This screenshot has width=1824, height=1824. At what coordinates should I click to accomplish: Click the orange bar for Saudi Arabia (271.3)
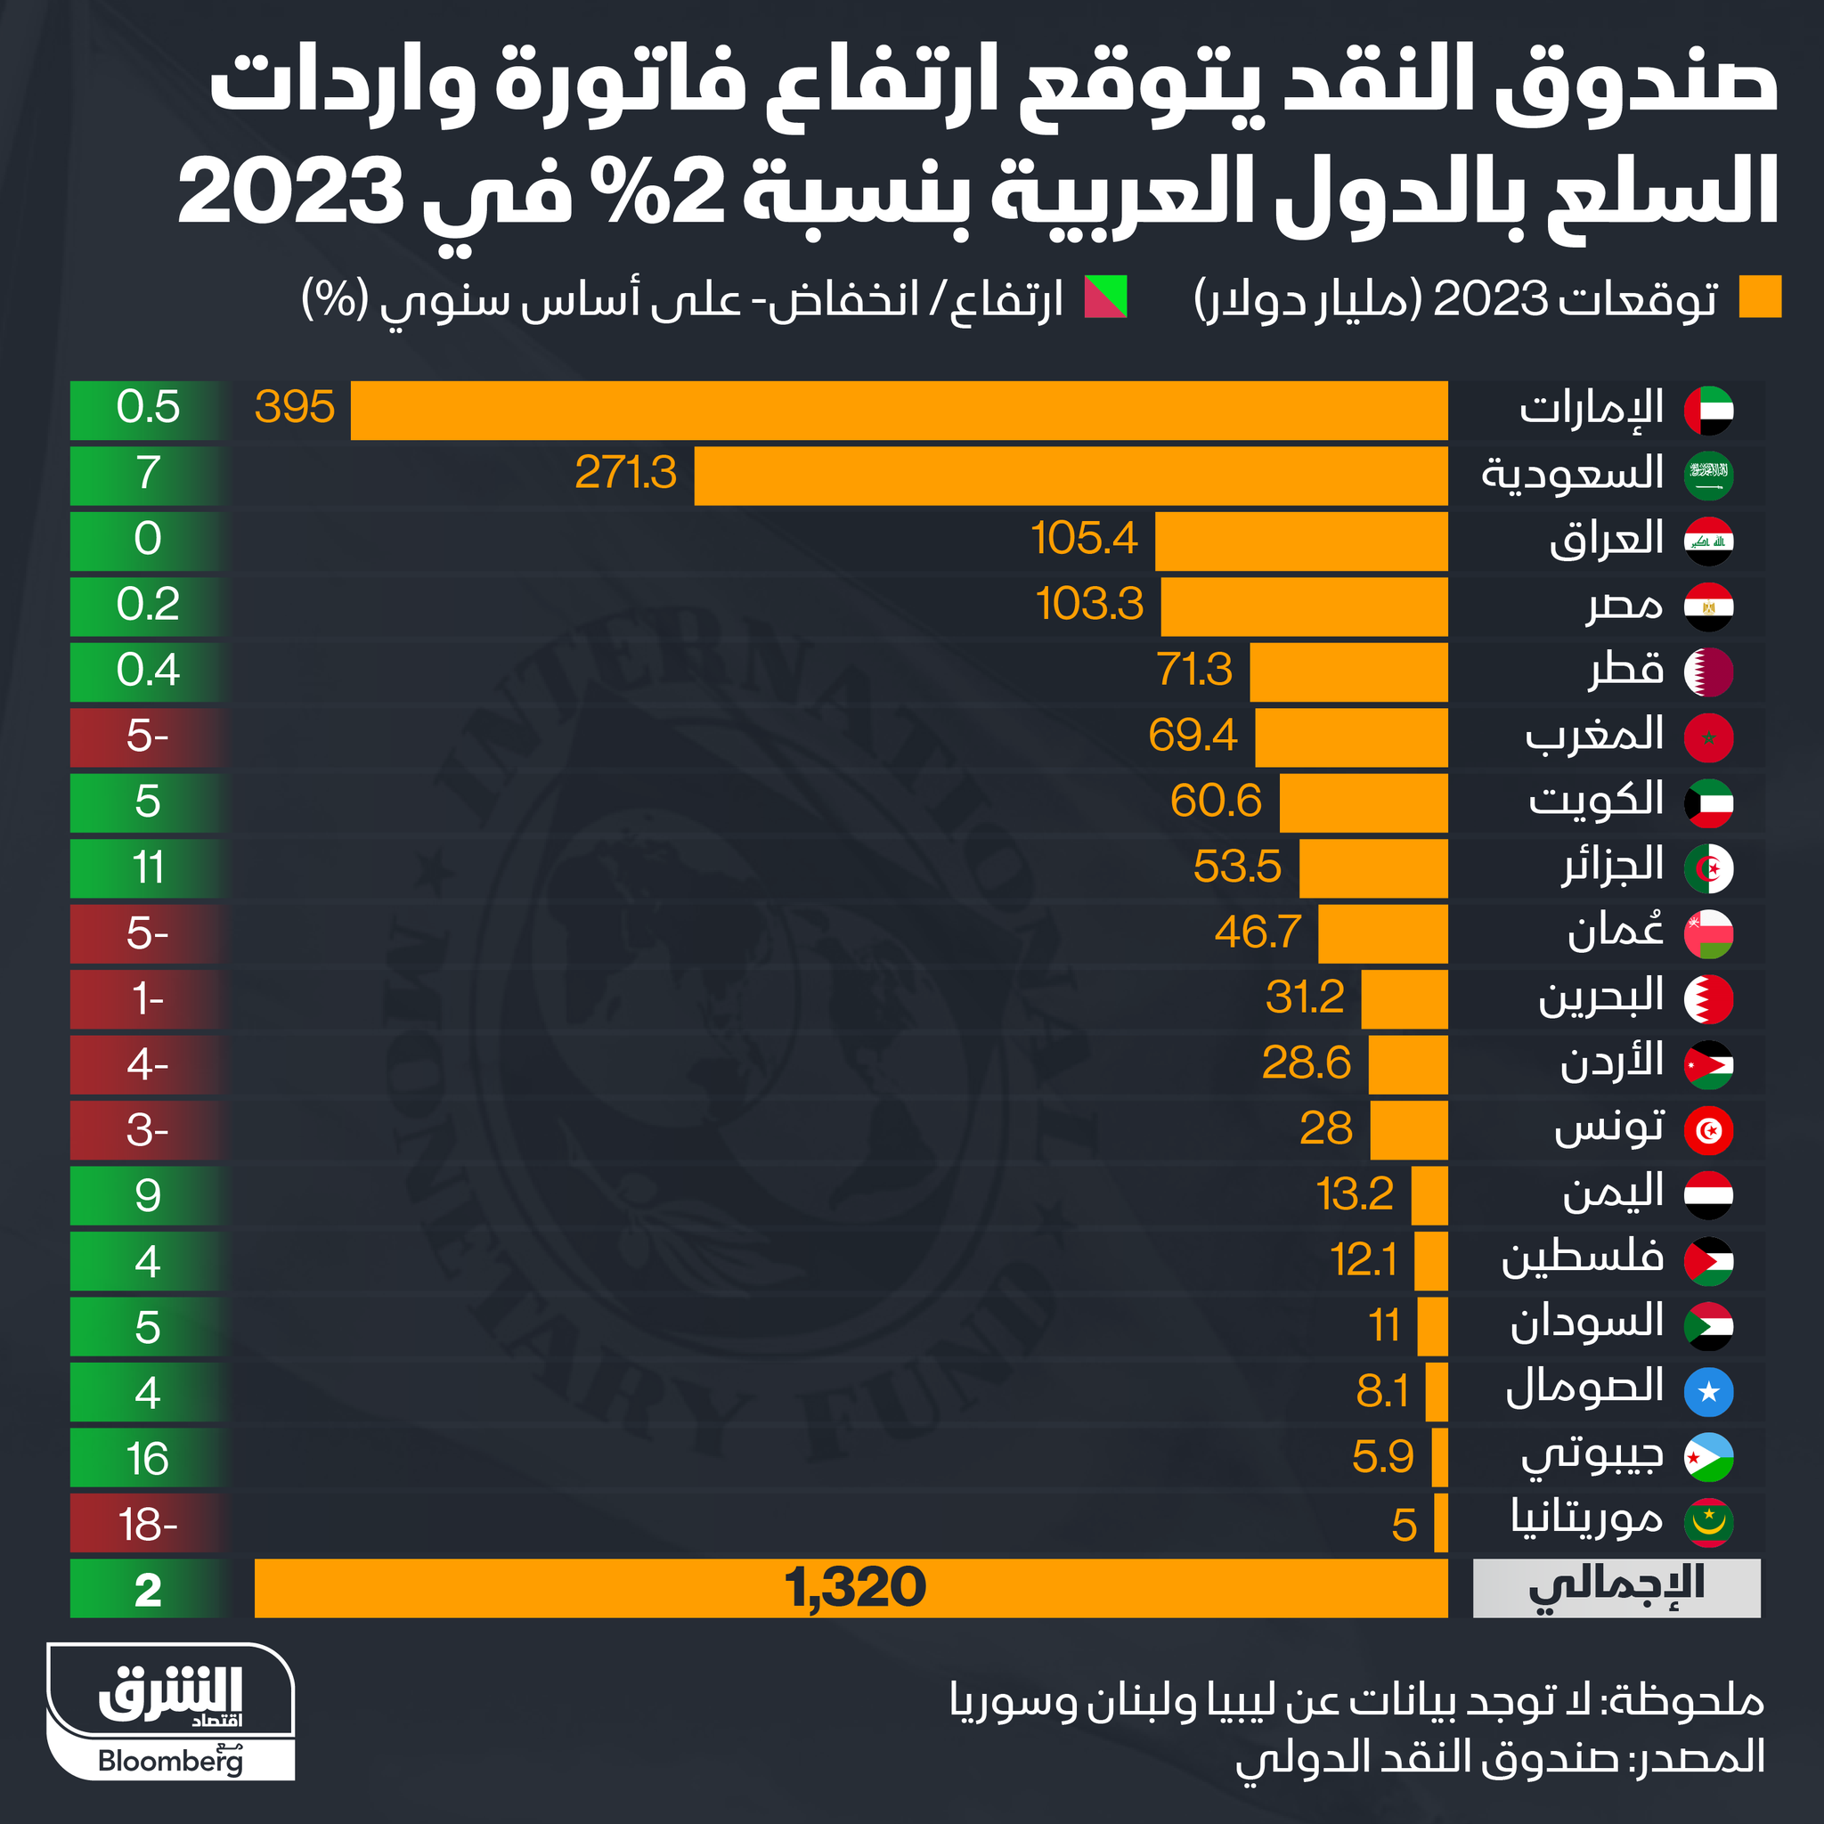(1071, 476)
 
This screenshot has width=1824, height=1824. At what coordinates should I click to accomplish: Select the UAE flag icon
(1708, 411)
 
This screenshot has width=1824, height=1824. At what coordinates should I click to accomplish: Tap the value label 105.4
(1084, 539)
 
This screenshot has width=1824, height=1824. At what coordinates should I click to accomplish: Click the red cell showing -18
(148, 1525)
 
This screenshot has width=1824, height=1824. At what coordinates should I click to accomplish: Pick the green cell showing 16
(148, 1459)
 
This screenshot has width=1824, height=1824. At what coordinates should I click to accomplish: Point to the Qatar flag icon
(1708, 672)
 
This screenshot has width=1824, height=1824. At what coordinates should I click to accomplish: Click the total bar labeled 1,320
(850, 1589)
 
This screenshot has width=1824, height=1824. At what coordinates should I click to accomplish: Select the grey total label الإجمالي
(1616, 1589)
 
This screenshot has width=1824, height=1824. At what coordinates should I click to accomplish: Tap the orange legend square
(1760, 297)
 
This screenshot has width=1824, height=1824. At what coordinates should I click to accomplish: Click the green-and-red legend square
(1105, 297)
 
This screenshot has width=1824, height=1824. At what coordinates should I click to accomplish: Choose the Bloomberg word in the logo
(171, 1761)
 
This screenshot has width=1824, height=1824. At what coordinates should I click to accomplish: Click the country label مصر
(1624, 605)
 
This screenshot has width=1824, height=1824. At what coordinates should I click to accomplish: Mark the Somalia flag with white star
(1708, 1392)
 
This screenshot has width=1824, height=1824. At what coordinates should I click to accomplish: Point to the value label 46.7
(1258, 932)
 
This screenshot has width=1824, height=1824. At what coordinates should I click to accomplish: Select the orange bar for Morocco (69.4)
(1351, 737)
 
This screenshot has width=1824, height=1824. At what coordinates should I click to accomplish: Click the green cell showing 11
(148, 867)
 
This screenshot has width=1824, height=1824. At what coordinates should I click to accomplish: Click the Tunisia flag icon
(1708, 1130)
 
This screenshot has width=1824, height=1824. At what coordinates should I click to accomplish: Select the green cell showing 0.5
(148, 408)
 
